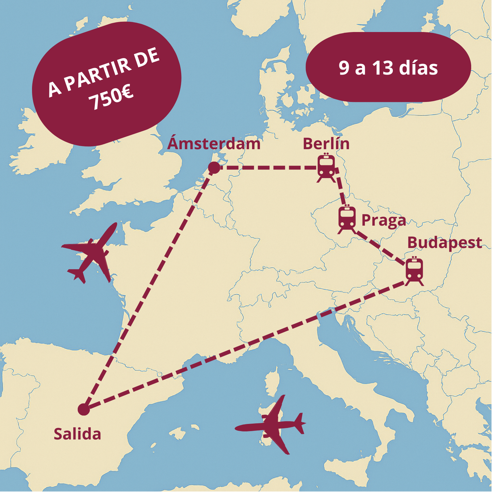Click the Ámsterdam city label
pyautogui.click(x=214, y=144)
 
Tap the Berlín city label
pyautogui.click(x=326, y=144)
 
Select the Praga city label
pyautogui.click(x=384, y=220)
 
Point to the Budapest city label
pyautogui.click(x=444, y=243)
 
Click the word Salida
pyautogui.click(x=77, y=434)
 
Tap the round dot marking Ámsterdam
pyautogui.click(x=214, y=168)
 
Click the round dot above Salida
pyautogui.click(x=84, y=409)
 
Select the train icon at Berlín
pyautogui.click(x=326, y=168)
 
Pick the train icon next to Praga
pyautogui.click(x=347, y=219)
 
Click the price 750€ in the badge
pyautogui.click(x=111, y=98)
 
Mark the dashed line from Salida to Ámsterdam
pyautogui.click(x=149, y=287)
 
